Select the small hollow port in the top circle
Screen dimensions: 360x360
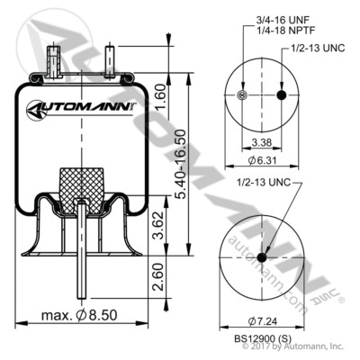pos(241,95)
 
